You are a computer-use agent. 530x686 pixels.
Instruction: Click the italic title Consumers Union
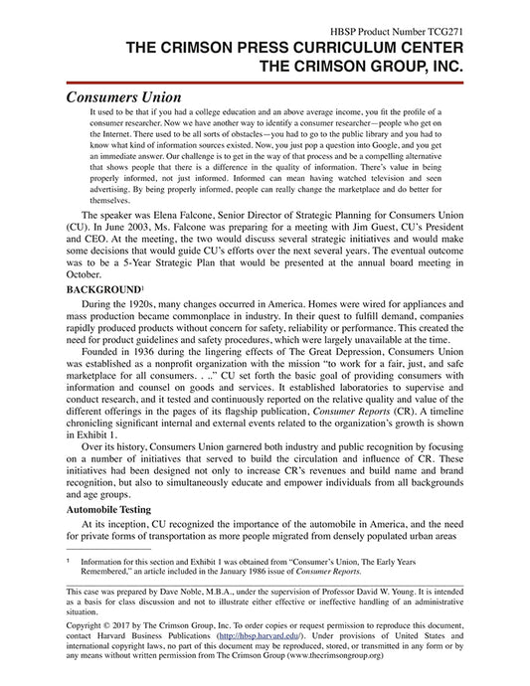(123, 97)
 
